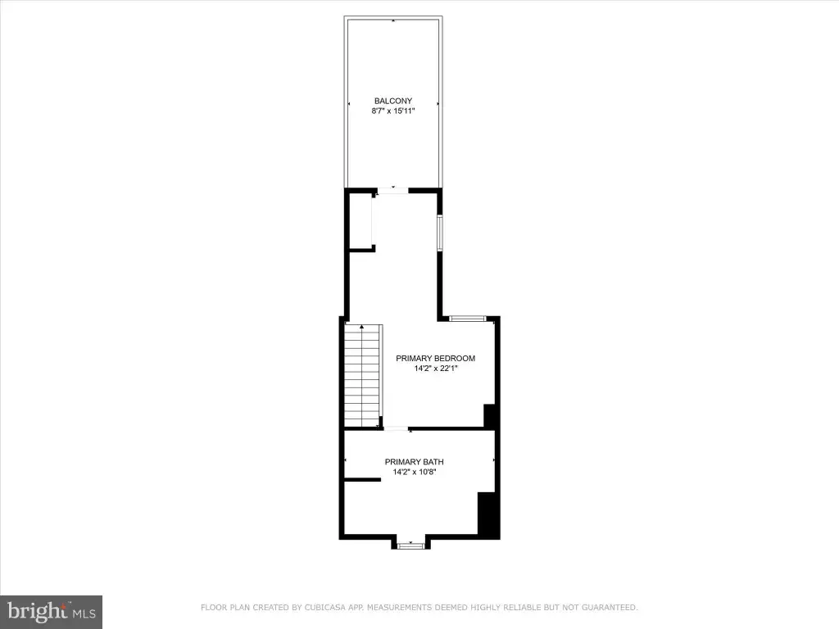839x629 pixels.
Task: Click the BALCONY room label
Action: (x=393, y=101)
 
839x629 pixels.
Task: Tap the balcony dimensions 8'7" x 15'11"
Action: (x=393, y=111)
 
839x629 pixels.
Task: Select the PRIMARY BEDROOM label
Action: (x=436, y=359)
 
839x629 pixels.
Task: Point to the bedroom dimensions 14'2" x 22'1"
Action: (x=436, y=369)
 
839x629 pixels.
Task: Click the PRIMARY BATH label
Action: (x=414, y=462)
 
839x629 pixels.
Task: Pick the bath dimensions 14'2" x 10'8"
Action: (x=414, y=472)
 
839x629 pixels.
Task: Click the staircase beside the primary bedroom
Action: (x=363, y=375)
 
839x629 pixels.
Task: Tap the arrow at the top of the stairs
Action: (x=362, y=326)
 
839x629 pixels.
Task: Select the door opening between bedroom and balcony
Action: (x=392, y=190)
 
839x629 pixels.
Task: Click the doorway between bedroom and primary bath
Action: (x=397, y=428)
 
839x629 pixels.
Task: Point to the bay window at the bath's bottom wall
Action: (x=411, y=545)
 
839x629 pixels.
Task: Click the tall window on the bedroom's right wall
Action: (x=440, y=233)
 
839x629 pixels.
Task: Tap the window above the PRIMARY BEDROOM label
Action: (x=467, y=319)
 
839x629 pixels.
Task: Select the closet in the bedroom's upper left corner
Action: (x=361, y=221)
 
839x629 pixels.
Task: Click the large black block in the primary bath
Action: (x=488, y=514)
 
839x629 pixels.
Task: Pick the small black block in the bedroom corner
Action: (x=490, y=415)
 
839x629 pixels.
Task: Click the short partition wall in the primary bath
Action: (x=362, y=480)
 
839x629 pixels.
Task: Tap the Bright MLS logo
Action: (x=51, y=612)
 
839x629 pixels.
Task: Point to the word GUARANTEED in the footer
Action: (x=610, y=607)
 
